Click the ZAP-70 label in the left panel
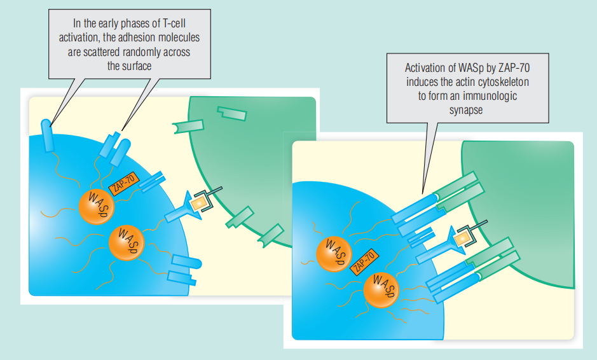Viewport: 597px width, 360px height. [123, 185]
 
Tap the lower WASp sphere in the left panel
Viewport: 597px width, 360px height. [127, 243]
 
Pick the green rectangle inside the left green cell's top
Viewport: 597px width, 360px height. [231, 113]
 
